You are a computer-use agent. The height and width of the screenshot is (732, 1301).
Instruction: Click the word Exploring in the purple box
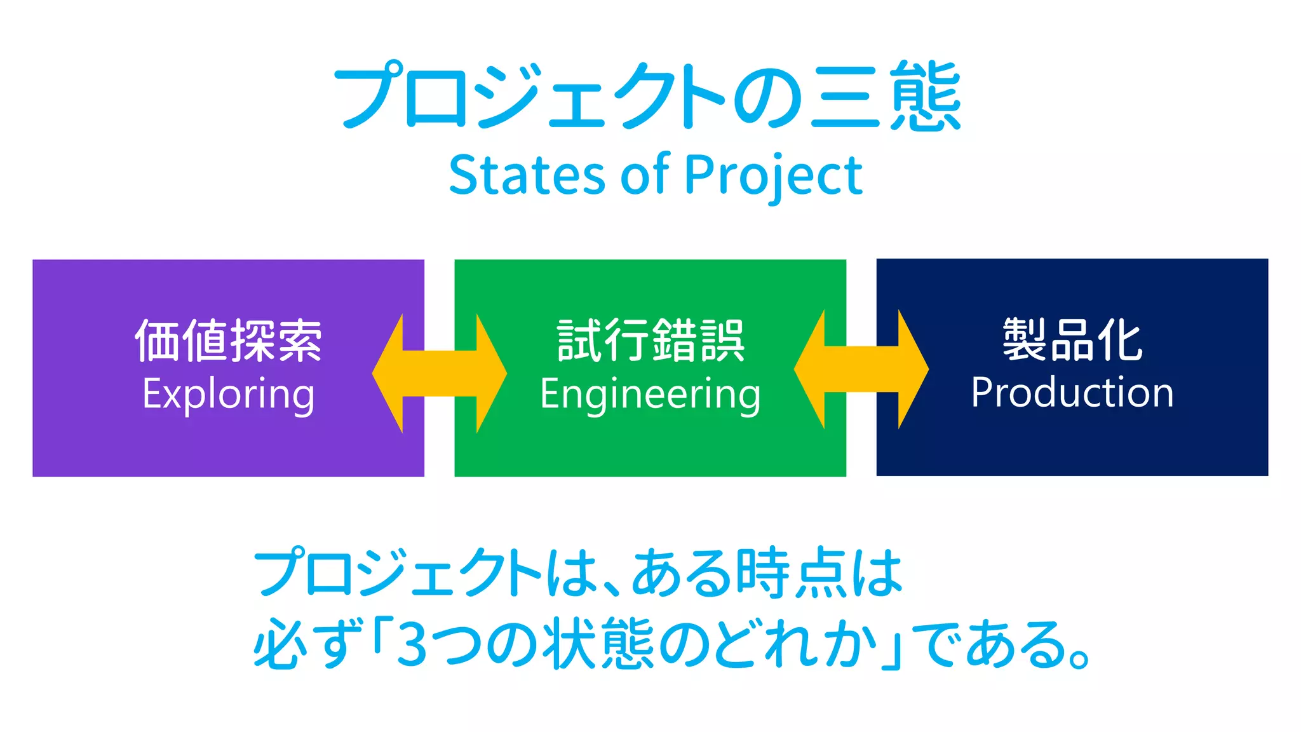coord(228,394)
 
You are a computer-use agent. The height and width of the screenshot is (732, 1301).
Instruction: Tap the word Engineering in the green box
coord(650,394)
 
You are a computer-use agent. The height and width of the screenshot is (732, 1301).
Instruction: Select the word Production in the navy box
coord(1072,392)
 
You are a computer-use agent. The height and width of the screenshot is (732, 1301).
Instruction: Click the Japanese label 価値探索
coord(228,341)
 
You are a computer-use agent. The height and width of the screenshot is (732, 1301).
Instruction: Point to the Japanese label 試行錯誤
coord(650,341)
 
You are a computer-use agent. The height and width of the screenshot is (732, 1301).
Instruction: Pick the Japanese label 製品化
coord(1072,339)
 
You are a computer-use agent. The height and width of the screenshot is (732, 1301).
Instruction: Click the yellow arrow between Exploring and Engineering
coord(439,374)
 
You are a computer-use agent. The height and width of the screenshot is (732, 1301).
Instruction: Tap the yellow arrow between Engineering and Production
coord(861,370)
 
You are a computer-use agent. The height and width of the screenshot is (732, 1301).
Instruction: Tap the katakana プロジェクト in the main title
coord(527,97)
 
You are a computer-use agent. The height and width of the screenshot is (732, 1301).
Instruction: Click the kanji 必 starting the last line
coord(278,644)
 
